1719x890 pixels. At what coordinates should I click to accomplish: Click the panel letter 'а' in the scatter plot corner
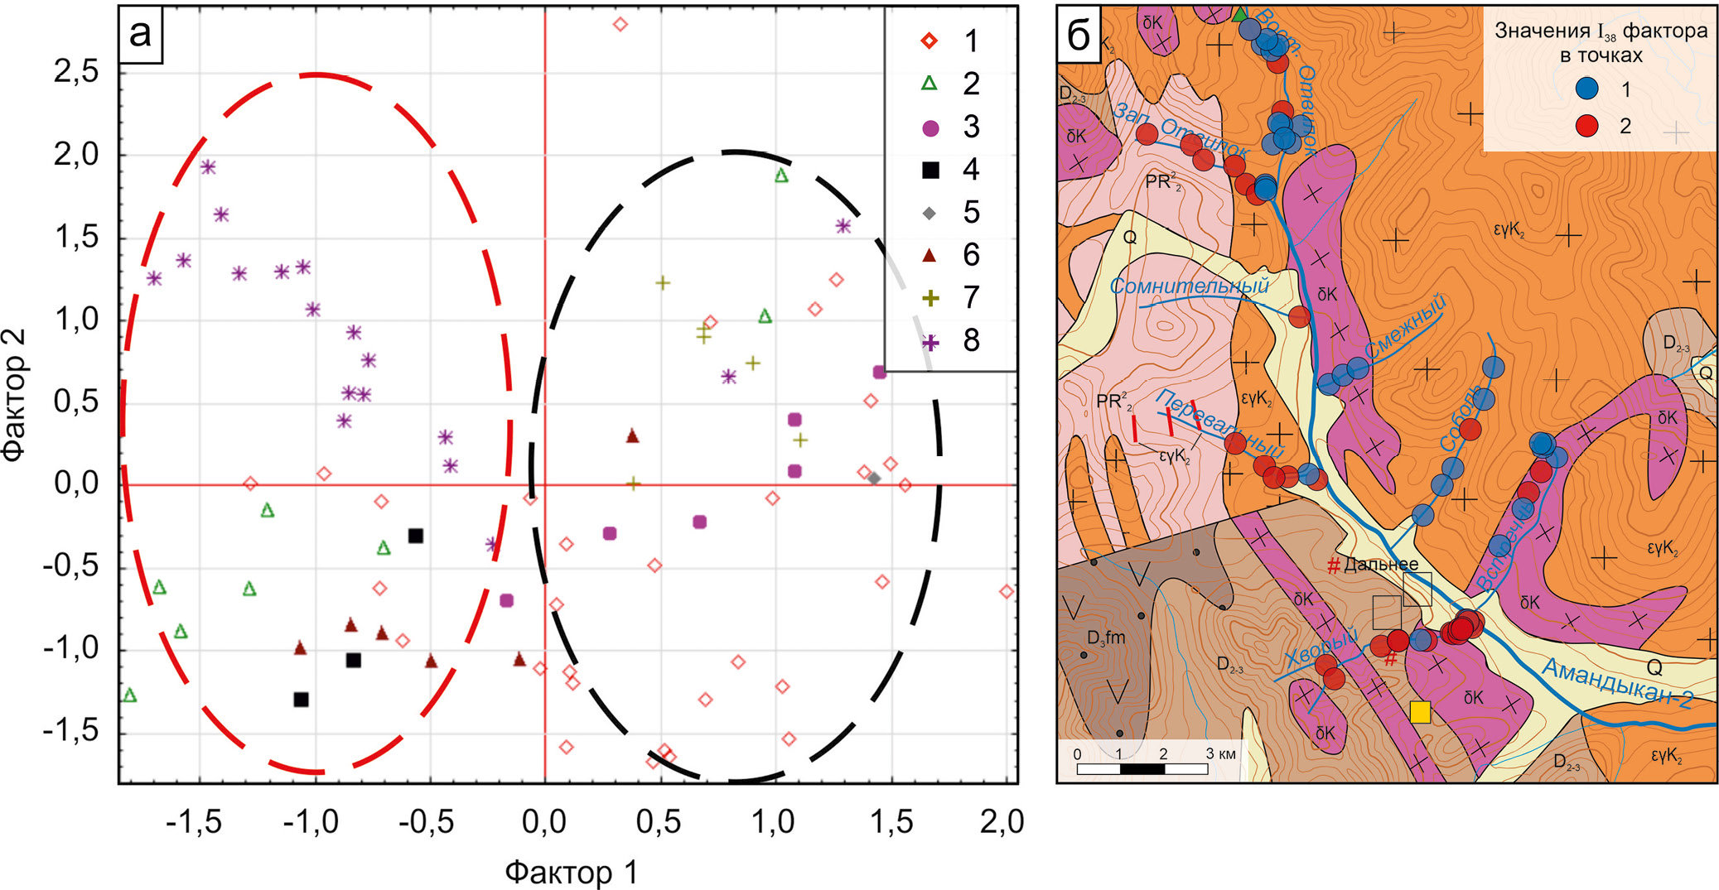tap(141, 34)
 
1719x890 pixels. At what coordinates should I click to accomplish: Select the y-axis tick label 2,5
tap(76, 72)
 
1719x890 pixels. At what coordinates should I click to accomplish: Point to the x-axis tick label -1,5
tap(193, 821)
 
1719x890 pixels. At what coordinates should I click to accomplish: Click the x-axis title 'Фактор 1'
tap(572, 872)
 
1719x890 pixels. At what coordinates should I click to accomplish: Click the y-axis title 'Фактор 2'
tap(14, 394)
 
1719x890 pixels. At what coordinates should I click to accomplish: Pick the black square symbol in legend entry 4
tap(930, 171)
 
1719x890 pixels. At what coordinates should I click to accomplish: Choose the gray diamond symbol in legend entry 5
tap(930, 214)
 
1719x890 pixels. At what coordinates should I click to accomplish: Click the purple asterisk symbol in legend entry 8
tap(930, 341)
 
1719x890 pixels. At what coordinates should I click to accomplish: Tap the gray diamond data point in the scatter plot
tap(874, 479)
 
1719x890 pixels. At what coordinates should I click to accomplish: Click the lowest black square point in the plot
tap(301, 700)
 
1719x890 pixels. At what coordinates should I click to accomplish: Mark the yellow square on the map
tap(1420, 712)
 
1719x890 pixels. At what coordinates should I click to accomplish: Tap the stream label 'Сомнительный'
tap(1189, 286)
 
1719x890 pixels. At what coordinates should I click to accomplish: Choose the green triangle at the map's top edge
tap(1239, 14)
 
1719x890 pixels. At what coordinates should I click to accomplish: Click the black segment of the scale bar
tap(1142, 769)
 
